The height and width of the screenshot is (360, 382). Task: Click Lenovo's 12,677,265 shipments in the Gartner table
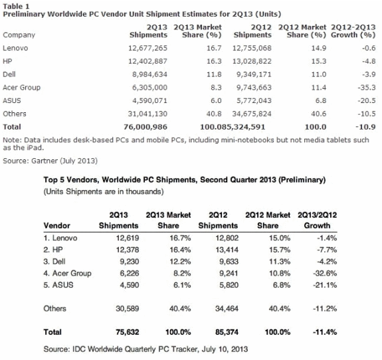pyautogui.click(x=147, y=48)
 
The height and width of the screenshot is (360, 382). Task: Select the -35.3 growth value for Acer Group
pyautogui.click(x=367, y=88)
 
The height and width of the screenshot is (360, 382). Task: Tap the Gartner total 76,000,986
pyautogui.click(x=145, y=127)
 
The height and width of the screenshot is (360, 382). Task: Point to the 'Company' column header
pyautogui.click(x=19, y=35)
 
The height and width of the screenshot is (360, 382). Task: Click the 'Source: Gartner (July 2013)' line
pyautogui.click(x=50, y=161)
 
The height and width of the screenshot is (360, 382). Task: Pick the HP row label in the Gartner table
pyautogui.click(x=7, y=61)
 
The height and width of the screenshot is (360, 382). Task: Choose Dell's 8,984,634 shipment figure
pyautogui.click(x=149, y=74)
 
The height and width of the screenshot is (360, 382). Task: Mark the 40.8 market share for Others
pyautogui.click(x=214, y=114)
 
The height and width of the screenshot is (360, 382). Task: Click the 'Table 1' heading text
pyautogui.click(x=16, y=7)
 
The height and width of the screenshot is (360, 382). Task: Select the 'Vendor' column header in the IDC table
pyautogui.click(x=56, y=226)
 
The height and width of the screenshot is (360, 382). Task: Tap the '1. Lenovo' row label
pyautogui.click(x=60, y=238)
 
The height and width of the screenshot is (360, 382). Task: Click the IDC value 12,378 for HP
pyautogui.click(x=128, y=250)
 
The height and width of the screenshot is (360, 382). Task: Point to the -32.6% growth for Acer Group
pyautogui.click(x=325, y=273)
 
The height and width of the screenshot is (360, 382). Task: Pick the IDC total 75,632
pyautogui.click(x=128, y=332)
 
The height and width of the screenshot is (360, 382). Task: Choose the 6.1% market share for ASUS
pyautogui.click(x=182, y=285)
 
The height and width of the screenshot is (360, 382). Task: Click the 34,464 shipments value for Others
pyautogui.click(x=227, y=309)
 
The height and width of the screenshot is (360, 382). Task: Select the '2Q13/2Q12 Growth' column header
pyautogui.click(x=317, y=221)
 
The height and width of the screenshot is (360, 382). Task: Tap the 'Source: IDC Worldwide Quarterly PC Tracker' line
pyautogui.click(x=145, y=349)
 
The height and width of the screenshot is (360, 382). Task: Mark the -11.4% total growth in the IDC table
pyautogui.click(x=325, y=332)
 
